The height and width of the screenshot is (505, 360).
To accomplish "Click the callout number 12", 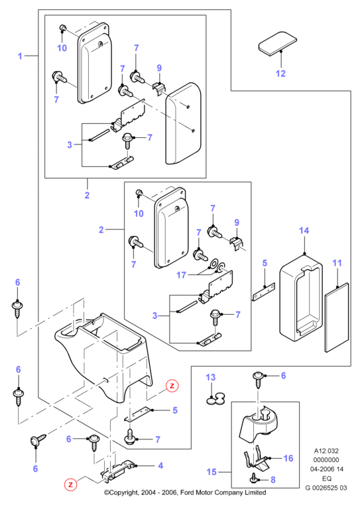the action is pyautogui.click(x=280, y=74).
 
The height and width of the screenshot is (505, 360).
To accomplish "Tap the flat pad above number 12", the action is pyautogui.click(x=277, y=42).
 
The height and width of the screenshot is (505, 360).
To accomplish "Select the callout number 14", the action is pyautogui.click(x=304, y=231).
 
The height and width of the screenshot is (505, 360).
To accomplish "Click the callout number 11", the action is pyautogui.click(x=337, y=263).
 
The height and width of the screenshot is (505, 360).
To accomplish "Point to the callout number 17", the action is pyautogui.click(x=182, y=275).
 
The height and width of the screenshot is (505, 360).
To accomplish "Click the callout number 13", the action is pyautogui.click(x=210, y=377).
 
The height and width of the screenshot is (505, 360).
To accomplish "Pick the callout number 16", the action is pyautogui.click(x=288, y=458).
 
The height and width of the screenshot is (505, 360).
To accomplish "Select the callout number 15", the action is pyautogui.click(x=211, y=472).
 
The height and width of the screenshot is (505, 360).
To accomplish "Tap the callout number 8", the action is pyautogui.click(x=273, y=480).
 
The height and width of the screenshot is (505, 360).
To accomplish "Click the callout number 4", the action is pyautogui.click(x=160, y=465).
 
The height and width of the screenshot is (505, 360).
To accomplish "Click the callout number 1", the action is pyautogui.click(x=20, y=56).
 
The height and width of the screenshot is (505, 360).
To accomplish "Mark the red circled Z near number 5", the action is pyautogui.click(x=172, y=386).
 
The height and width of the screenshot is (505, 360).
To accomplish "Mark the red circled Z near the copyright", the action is pyautogui.click(x=71, y=484).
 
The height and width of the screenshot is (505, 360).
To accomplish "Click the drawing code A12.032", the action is pyautogui.click(x=326, y=451).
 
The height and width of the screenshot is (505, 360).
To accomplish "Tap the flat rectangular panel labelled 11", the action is pyautogui.click(x=337, y=317).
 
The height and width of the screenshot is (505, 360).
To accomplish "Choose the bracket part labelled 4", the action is pyautogui.click(x=118, y=471).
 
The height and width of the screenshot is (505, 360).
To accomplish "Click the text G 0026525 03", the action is pyautogui.click(x=326, y=488).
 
